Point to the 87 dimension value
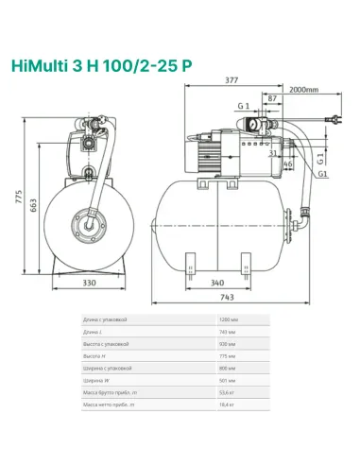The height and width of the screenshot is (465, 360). pos(272,98)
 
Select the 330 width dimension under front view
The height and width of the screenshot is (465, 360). pos(89,282)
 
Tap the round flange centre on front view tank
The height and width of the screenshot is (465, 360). pos(89,225)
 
